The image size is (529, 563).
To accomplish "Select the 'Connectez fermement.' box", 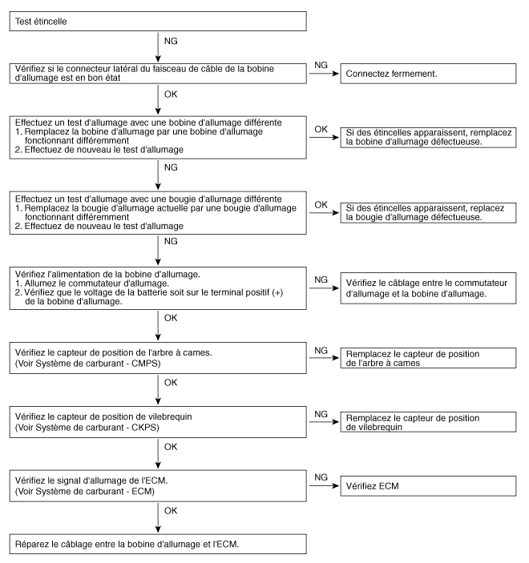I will [429, 73].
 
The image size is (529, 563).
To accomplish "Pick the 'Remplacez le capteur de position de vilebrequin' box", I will [429, 422].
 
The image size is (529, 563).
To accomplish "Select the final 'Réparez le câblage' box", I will [158, 543].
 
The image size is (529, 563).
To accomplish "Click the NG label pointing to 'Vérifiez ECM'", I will [322, 477].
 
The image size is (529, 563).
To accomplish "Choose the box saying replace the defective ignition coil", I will [429, 136].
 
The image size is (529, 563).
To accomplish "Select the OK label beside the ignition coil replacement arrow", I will [321, 129].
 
